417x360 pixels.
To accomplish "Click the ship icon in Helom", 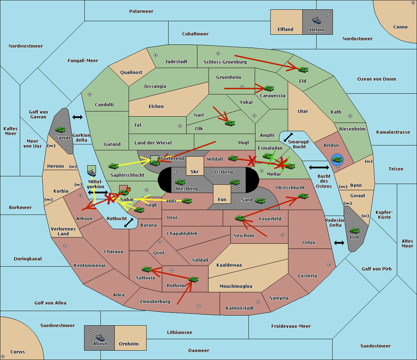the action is tap(317, 20).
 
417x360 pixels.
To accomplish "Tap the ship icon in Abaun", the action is tap(100, 337).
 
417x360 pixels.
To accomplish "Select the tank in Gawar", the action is tap(60, 130).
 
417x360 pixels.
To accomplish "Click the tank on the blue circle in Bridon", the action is tap(337, 160).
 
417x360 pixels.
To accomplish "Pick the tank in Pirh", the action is tap(354, 231).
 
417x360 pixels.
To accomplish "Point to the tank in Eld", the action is tap(303, 70).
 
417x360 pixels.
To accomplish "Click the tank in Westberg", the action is tap(180, 182).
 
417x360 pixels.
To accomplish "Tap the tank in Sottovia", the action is tap(147, 269).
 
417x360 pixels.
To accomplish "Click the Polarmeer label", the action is tap(141, 11).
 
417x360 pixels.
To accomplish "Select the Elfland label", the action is tap(285, 30).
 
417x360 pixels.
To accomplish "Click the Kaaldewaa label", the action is tap(229, 265).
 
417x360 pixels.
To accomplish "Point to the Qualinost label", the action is tap(131, 72).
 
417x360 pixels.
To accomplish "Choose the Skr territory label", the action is tap(195, 171).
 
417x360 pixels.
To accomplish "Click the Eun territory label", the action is tap(222, 199).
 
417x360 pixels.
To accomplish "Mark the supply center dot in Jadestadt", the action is tap(156, 55).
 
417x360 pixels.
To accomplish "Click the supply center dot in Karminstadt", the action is tap(258, 302).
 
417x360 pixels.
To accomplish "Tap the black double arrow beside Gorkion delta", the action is tap(77, 117).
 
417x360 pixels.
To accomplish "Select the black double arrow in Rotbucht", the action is tap(129, 223).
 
